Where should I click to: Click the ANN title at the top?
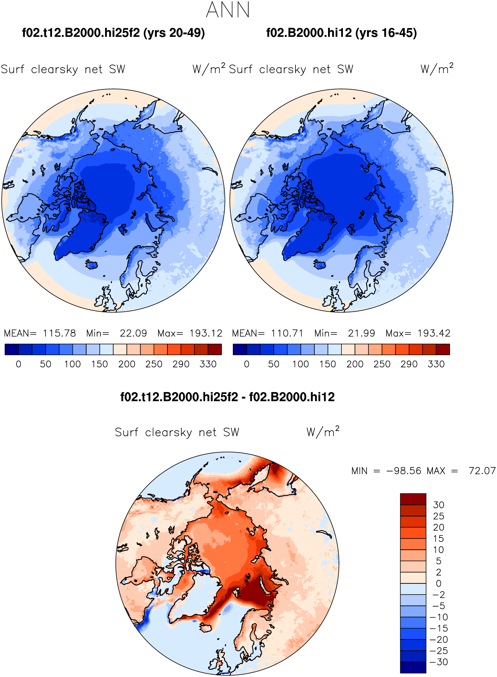click(228, 10)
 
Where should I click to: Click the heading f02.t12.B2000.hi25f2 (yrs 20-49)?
click(113, 33)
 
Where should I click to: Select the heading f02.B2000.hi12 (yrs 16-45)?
click(341, 33)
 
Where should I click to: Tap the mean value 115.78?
click(59, 333)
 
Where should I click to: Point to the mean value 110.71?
click(287, 333)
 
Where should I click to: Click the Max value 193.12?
click(206, 333)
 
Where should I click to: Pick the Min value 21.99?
click(361, 333)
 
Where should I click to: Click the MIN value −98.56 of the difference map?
click(404, 471)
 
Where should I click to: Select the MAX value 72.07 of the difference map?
click(482, 471)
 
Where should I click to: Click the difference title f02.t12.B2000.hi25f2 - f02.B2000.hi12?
click(228, 397)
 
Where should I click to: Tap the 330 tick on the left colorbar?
click(208, 364)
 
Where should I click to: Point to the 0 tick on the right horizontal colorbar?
click(247, 364)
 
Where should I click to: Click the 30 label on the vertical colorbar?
click(439, 505)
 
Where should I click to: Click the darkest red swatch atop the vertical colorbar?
click(413, 499)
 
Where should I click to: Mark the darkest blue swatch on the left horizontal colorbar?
click(12, 349)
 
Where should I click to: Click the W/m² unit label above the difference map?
click(323, 432)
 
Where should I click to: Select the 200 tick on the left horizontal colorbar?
click(127, 364)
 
